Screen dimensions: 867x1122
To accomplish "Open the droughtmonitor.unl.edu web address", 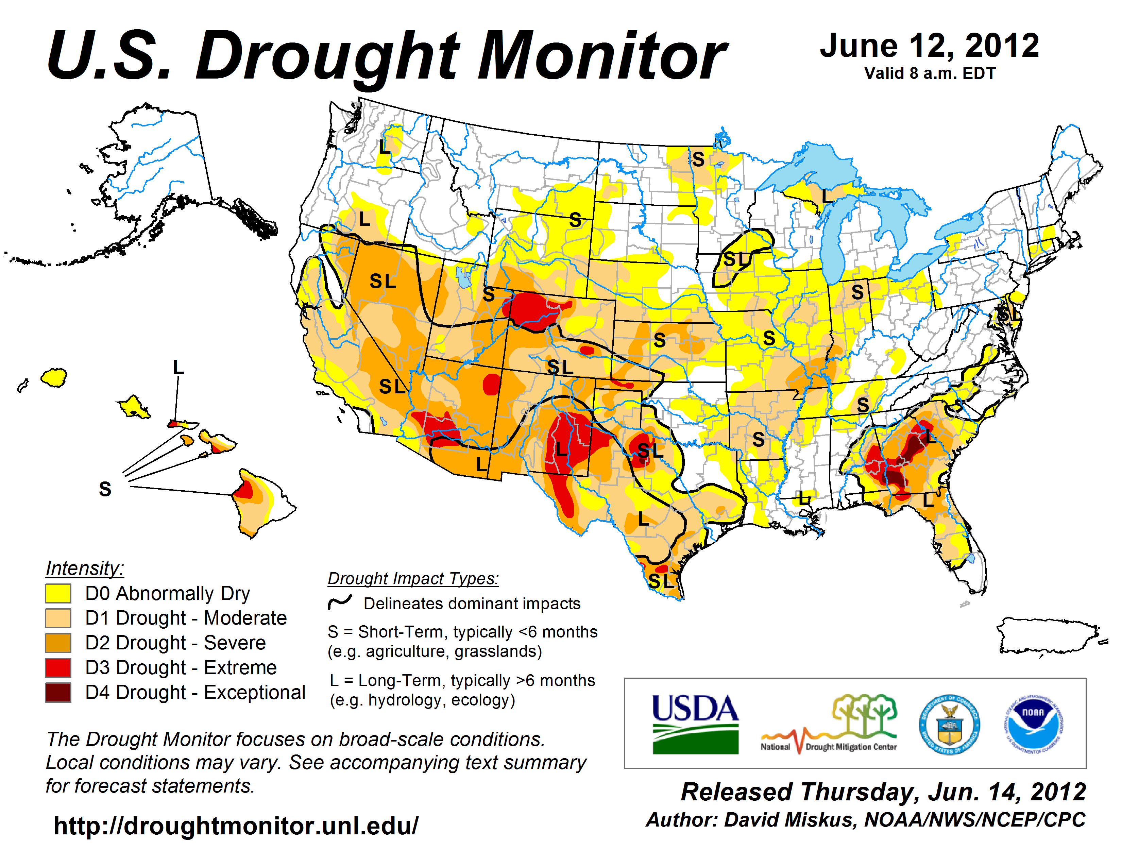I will (236, 826).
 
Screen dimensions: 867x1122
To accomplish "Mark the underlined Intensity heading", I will (85, 568).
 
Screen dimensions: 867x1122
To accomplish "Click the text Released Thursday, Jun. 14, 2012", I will (883, 792).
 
